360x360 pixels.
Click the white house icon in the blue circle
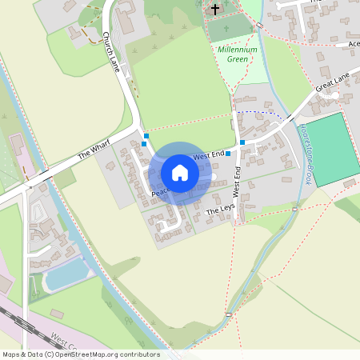click(x=180, y=172)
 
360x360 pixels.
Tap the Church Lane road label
click(x=111, y=53)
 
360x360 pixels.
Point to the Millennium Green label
click(x=238, y=54)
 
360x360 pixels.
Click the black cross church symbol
click(x=214, y=10)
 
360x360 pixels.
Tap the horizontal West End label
click(x=207, y=154)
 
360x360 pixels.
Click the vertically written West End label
click(x=237, y=182)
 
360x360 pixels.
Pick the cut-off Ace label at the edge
click(x=353, y=44)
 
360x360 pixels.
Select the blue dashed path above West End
click(x=260, y=113)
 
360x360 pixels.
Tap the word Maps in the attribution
click(x=12, y=354)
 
